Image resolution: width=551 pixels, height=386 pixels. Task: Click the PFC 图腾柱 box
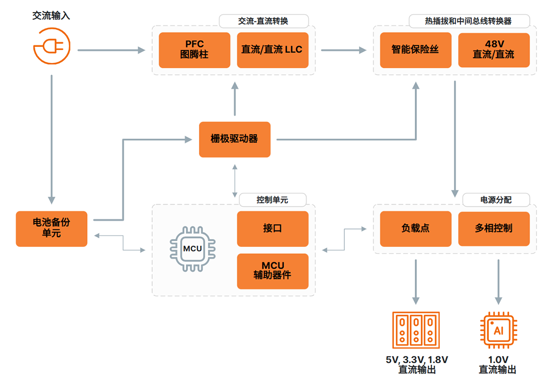(194, 50)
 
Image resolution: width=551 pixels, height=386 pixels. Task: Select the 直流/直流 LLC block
(272, 50)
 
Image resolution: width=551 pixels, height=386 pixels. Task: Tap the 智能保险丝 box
(416, 50)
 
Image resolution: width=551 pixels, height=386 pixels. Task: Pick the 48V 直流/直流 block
(494, 50)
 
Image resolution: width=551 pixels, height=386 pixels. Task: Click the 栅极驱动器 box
(235, 139)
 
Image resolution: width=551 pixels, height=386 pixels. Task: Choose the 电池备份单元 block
(52, 228)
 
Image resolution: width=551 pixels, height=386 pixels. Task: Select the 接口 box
(272, 228)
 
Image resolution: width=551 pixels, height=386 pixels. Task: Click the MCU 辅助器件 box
(272, 271)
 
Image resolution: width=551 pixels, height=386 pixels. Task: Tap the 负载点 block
(416, 228)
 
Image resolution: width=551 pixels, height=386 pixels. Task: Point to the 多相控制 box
(494, 228)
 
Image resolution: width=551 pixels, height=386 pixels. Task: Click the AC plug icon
(52, 46)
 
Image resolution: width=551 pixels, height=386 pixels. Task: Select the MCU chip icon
(192, 249)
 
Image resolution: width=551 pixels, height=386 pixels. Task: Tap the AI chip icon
(498, 330)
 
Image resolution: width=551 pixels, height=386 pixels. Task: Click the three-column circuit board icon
(416, 330)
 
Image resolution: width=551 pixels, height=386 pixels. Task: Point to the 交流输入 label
(52, 15)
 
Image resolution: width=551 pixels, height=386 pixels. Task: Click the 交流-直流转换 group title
(263, 21)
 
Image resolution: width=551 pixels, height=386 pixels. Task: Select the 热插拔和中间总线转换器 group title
(468, 21)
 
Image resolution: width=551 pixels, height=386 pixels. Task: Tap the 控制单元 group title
(272, 200)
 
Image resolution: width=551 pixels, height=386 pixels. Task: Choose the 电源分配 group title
(496, 200)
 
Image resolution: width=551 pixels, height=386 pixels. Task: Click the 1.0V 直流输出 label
(498, 365)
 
